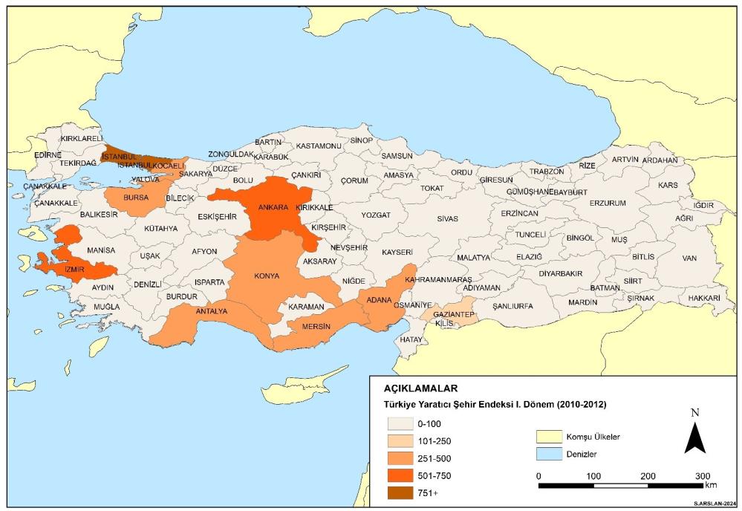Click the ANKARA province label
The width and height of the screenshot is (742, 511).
273,207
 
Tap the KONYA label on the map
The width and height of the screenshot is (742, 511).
267,276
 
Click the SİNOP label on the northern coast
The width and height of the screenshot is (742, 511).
362,140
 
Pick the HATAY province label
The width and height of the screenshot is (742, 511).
411,339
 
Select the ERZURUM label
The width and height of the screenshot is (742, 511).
608,203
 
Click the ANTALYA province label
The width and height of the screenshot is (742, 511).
211,311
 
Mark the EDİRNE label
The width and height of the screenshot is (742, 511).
49,155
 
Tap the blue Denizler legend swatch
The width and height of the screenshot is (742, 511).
549,453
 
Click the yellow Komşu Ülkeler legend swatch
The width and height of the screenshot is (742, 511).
549,437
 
